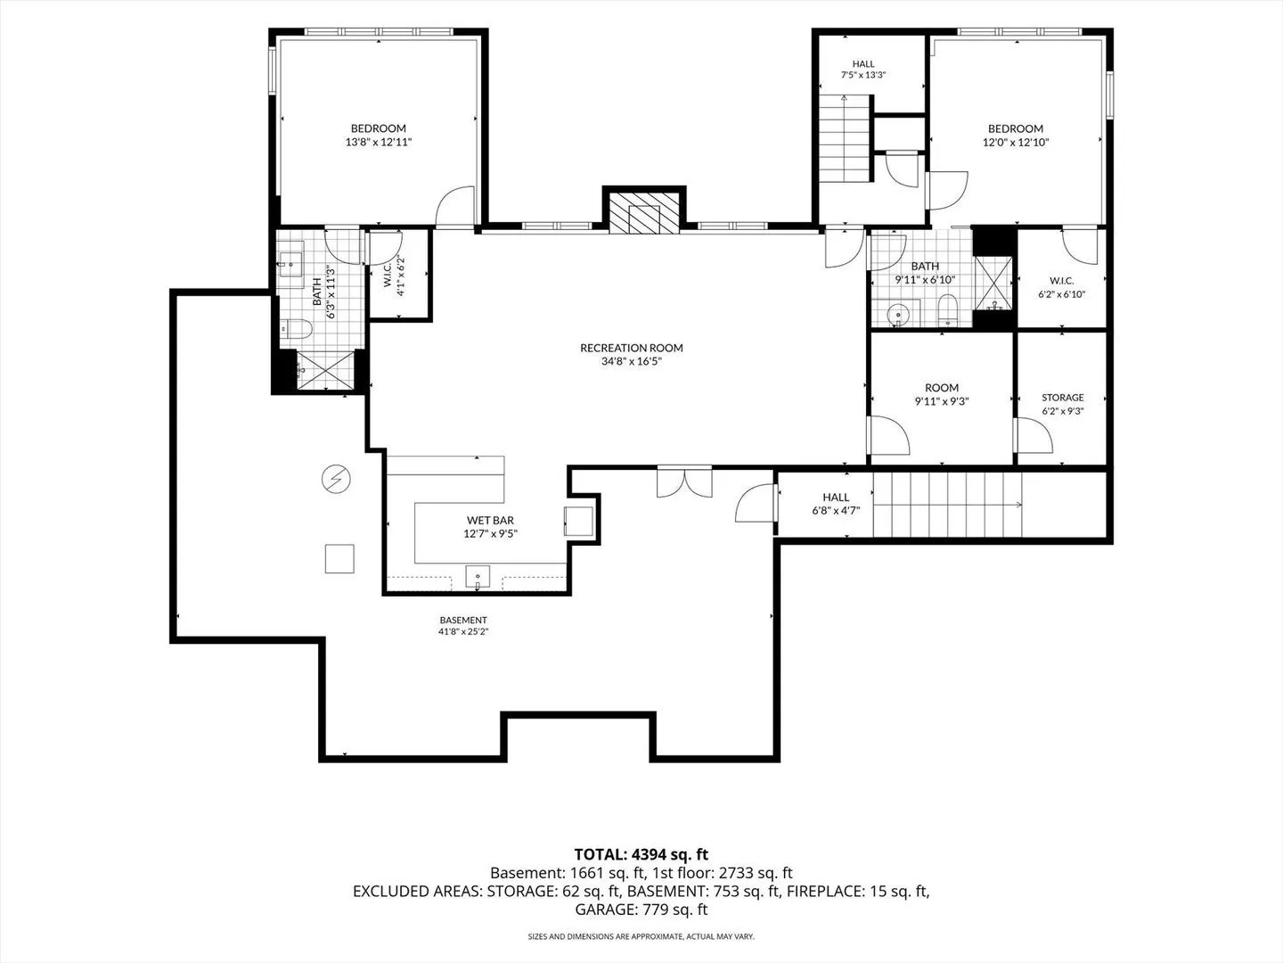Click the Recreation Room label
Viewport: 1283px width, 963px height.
pyautogui.click(x=632, y=348)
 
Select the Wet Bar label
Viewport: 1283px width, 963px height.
pyautogui.click(x=490, y=520)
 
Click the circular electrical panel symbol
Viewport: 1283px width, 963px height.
pyautogui.click(x=336, y=480)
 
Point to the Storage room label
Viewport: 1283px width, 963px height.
pyautogui.click(x=1063, y=398)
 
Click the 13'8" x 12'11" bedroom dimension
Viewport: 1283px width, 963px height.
pyautogui.click(x=379, y=142)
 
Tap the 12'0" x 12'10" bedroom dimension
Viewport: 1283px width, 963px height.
pyautogui.click(x=1016, y=142)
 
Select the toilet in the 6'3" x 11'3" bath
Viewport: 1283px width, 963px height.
pyautogui.click(x=296, y=329)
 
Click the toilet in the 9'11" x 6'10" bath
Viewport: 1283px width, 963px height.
pyautogui.click(x=947, y=310)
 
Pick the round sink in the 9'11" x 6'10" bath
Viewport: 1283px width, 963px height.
pyautogui.click(x=898, y=316)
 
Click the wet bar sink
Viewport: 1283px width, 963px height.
pyautogui.click(x=478, y=577)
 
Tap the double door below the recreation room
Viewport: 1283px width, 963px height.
pyautogui.click(x=684, y=481)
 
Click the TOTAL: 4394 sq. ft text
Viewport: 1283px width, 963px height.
pyautogui.click(x=641, y=854)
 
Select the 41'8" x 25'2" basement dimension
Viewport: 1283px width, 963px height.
pyautogui.click(x=463, y=631)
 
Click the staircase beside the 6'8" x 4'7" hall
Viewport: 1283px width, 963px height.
pyautogui.click(x=947, y=504)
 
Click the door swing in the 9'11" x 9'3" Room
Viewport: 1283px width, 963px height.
pyautogui.click(x=889, y=435)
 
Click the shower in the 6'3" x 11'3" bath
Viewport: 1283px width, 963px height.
pyautogui.click(x=325, y=371)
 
